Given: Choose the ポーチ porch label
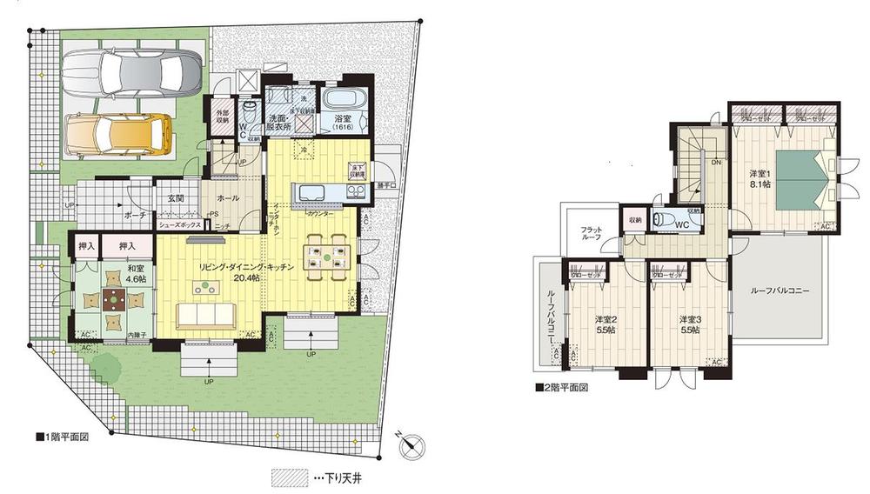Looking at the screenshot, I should [135, 213].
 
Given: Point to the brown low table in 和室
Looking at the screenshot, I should [113, 303].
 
